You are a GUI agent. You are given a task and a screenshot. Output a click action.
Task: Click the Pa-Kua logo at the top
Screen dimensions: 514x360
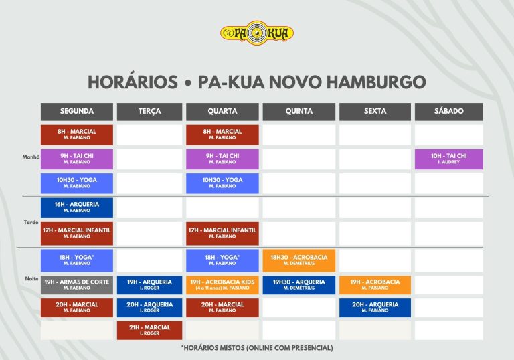257,33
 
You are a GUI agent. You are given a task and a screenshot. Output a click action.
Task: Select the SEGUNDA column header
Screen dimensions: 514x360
77,112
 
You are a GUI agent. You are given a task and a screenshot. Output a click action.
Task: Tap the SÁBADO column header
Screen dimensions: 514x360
449,112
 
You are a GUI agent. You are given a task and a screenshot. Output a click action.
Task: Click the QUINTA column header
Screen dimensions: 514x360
299,112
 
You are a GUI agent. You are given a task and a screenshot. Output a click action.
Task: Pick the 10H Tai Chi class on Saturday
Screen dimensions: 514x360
449,159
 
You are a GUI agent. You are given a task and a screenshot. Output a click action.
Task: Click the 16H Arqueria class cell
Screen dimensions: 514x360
77,207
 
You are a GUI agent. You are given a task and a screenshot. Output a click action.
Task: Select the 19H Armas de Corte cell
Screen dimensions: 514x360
77,285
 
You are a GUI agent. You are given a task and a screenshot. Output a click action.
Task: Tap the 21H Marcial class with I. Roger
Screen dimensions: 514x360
149,330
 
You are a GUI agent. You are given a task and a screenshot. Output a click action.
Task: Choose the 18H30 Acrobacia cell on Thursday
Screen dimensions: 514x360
299,260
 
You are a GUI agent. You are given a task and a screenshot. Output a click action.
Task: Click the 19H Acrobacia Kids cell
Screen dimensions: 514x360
222,285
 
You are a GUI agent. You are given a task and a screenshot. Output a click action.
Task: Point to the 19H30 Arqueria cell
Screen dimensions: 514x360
299,285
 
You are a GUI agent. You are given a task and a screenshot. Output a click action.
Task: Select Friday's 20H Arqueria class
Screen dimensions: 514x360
375,308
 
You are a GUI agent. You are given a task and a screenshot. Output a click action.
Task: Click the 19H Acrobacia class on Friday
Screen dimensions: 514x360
375,285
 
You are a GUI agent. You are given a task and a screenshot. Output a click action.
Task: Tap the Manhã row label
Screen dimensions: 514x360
31,157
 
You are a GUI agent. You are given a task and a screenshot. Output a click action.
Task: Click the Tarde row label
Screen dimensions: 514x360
31,222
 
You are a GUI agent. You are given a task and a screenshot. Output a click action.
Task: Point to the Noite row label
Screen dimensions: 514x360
32,278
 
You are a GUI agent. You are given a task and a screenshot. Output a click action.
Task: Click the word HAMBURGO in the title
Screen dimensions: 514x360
376,82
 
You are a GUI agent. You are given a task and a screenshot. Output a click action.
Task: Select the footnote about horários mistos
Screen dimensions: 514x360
257,348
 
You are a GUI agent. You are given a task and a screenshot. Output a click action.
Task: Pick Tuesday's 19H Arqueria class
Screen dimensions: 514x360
149,285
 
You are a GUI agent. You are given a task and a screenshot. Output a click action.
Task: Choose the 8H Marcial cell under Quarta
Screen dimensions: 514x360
222,134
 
